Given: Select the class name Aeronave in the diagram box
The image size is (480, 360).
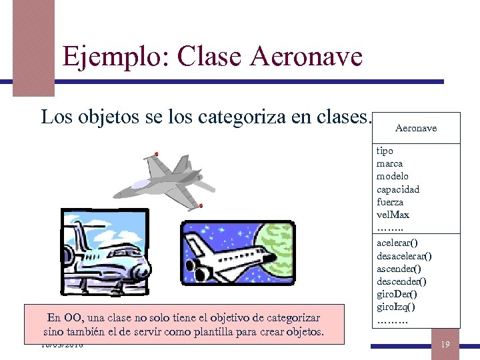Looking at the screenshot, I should [416, 128].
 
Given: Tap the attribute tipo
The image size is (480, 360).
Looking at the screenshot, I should [385, 151].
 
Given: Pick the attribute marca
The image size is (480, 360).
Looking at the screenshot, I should [389, 164].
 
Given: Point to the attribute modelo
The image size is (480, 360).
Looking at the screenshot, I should [393, 177].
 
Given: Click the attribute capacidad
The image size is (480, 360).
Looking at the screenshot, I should [398, 189].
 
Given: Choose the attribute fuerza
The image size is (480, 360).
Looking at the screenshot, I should [390, 202].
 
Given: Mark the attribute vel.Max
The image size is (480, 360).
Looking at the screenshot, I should [393, 215].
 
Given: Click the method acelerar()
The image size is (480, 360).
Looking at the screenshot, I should [397, 243].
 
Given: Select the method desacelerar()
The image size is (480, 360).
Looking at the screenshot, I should [404, 256].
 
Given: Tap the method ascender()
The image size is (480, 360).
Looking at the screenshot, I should [399, 269].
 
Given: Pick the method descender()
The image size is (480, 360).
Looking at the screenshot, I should [401, 281].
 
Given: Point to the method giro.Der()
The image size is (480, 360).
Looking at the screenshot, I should [397, 294].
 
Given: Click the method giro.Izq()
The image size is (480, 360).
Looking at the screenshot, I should [395, 307].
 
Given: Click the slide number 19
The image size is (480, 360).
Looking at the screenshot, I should [445, 344].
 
